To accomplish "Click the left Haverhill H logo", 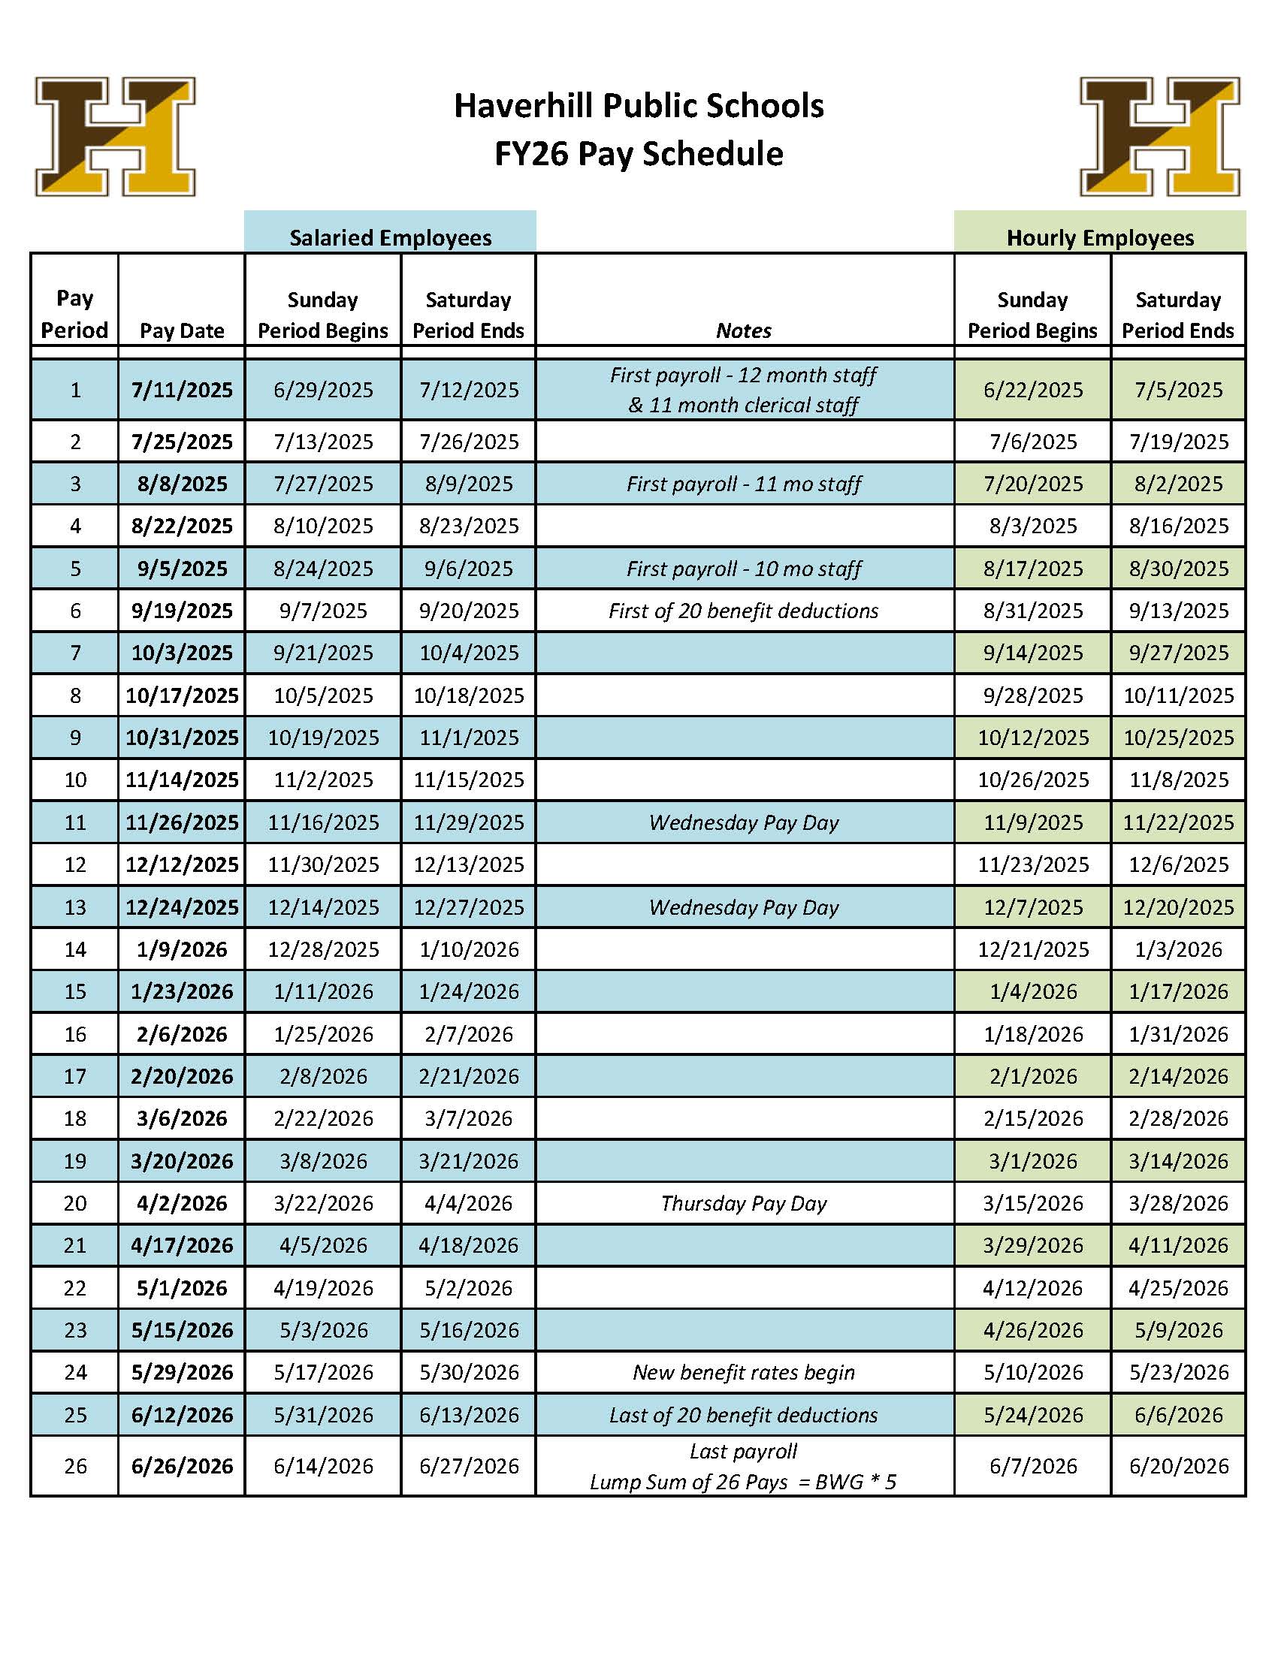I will [x=115, y=136].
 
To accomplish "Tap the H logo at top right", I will [x=1159, y=136].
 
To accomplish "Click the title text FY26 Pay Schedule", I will [x=638, y=154].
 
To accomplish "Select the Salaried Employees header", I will [x=390, y=237].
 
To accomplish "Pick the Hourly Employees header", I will [x=1099, y=237].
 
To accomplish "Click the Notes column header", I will [x=744, y=330].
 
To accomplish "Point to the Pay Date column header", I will [x=182, y=330].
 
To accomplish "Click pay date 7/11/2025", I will [x=182, y=390].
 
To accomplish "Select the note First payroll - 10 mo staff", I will [x=744, y=569].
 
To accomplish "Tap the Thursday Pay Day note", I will [x=744, y=1203].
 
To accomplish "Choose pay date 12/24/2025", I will [x=182, y=906].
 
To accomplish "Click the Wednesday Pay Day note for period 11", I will [x=744, y=822].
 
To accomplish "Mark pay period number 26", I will [x=75, y=1466].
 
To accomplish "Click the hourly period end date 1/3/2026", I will [x=1178, y=949].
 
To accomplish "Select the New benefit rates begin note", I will [x=744, y=1372].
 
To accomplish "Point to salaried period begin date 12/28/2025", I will [x=323, y=949].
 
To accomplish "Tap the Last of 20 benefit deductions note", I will [x=744, y=1415].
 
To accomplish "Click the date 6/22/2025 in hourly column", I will [x=1033, y=390].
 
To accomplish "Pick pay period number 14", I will [x=75, y=949].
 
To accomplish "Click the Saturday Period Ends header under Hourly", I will [x=1178, y=315].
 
